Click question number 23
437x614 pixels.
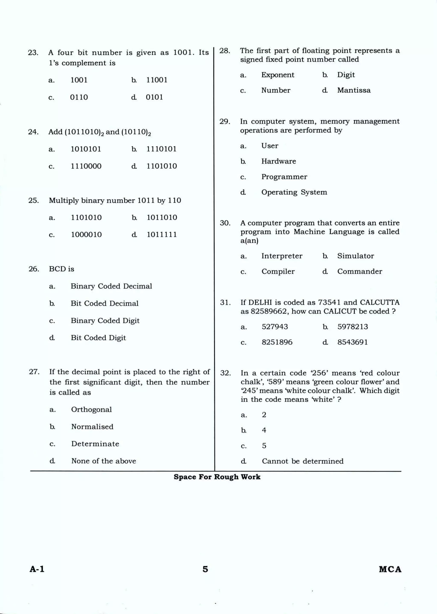click(x=33, y=52)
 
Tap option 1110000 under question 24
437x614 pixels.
click(x=86, y=166)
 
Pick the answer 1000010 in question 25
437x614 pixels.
click(x=86, y=235)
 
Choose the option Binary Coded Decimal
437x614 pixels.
click(x=111, y=286)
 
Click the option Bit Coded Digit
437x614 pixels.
click(x=98, y=338)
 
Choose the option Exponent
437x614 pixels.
click(x=278, y=75)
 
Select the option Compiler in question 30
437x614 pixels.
click(x=278, y=271)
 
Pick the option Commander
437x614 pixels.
click(x=360, y=271)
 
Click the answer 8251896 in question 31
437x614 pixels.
click(x=277, y=342)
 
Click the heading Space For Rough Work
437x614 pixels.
click(x=217, y=477)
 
